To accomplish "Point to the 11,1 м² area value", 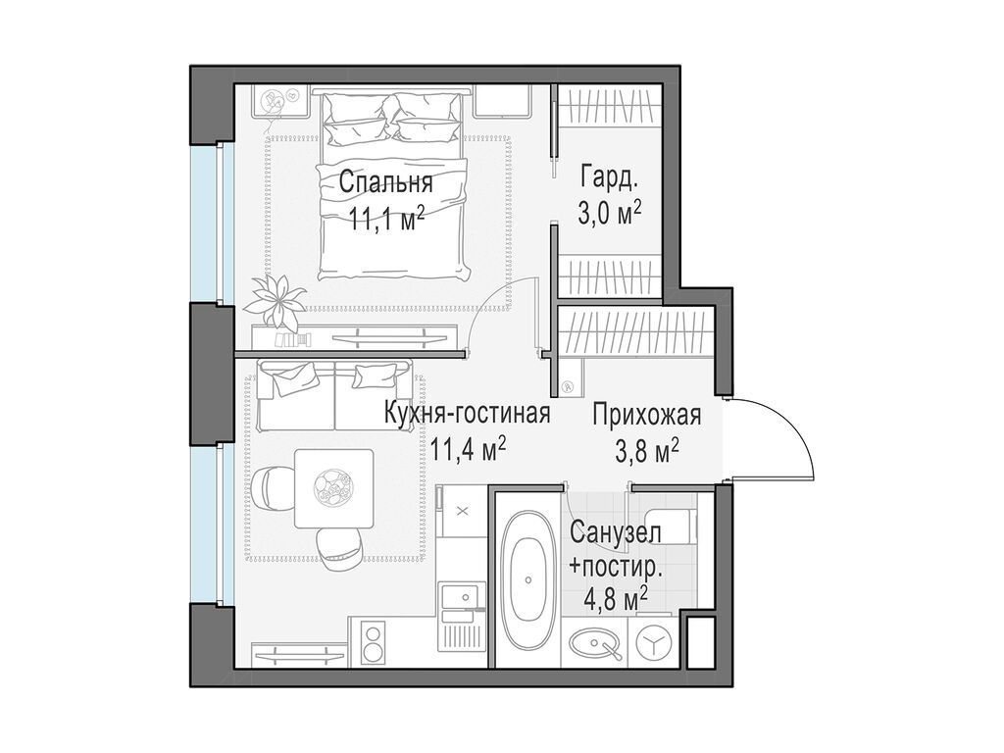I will (x=385, y=217).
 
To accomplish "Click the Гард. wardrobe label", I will (x=609, y=179).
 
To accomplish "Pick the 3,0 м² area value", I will (x=609, y=213).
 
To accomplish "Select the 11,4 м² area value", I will (x=468, y=448).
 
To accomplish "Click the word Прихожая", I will (x=646, y=415).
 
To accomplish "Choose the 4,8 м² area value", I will (x=615, y=596).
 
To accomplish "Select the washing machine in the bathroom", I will (x=652, y=643).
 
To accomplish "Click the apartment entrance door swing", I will (x=775, y=441).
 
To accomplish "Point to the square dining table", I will (x=333, y=487).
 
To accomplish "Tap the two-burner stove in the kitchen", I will (x=373, y=643).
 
